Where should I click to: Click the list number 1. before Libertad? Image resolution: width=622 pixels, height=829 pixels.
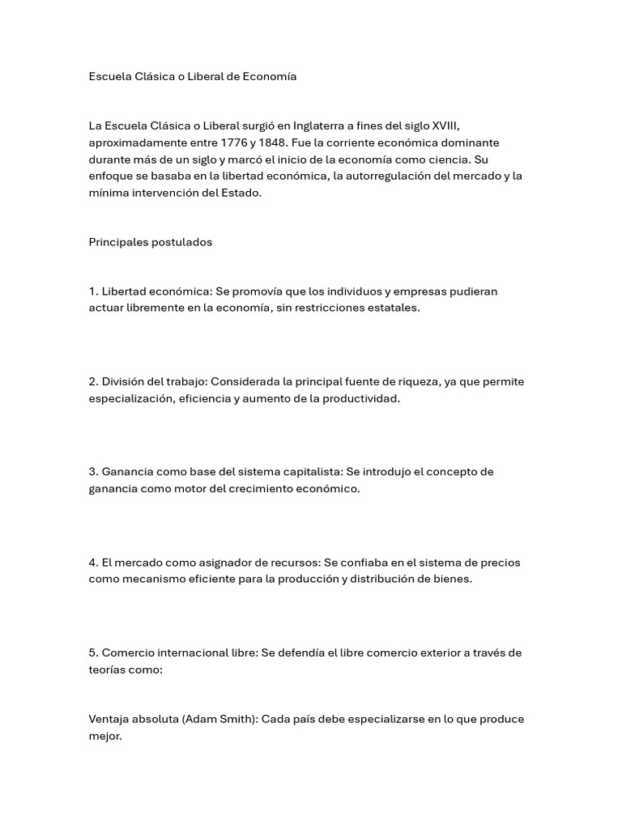(x=93, y=291)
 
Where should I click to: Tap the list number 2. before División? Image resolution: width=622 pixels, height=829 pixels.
(x=94, y=382)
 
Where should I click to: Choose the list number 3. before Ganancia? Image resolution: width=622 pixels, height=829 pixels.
(x=94, y=472)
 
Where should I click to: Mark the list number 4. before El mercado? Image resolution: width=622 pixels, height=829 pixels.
(x=94, y=563)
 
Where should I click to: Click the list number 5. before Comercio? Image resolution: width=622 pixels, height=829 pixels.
(x=94, y=653)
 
